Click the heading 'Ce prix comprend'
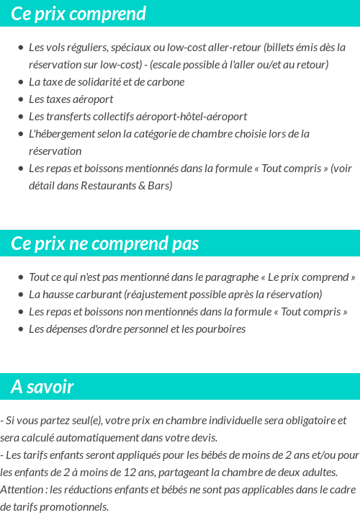[78, 14]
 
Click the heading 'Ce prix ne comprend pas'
[105, 243]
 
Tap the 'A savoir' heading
[42, 387]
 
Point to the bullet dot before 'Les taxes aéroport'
[20, 99]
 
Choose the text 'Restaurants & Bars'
[129, 186]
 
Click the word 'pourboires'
[221, 329]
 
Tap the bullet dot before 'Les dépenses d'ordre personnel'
[20, 329]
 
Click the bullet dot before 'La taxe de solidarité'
[20, 82]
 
